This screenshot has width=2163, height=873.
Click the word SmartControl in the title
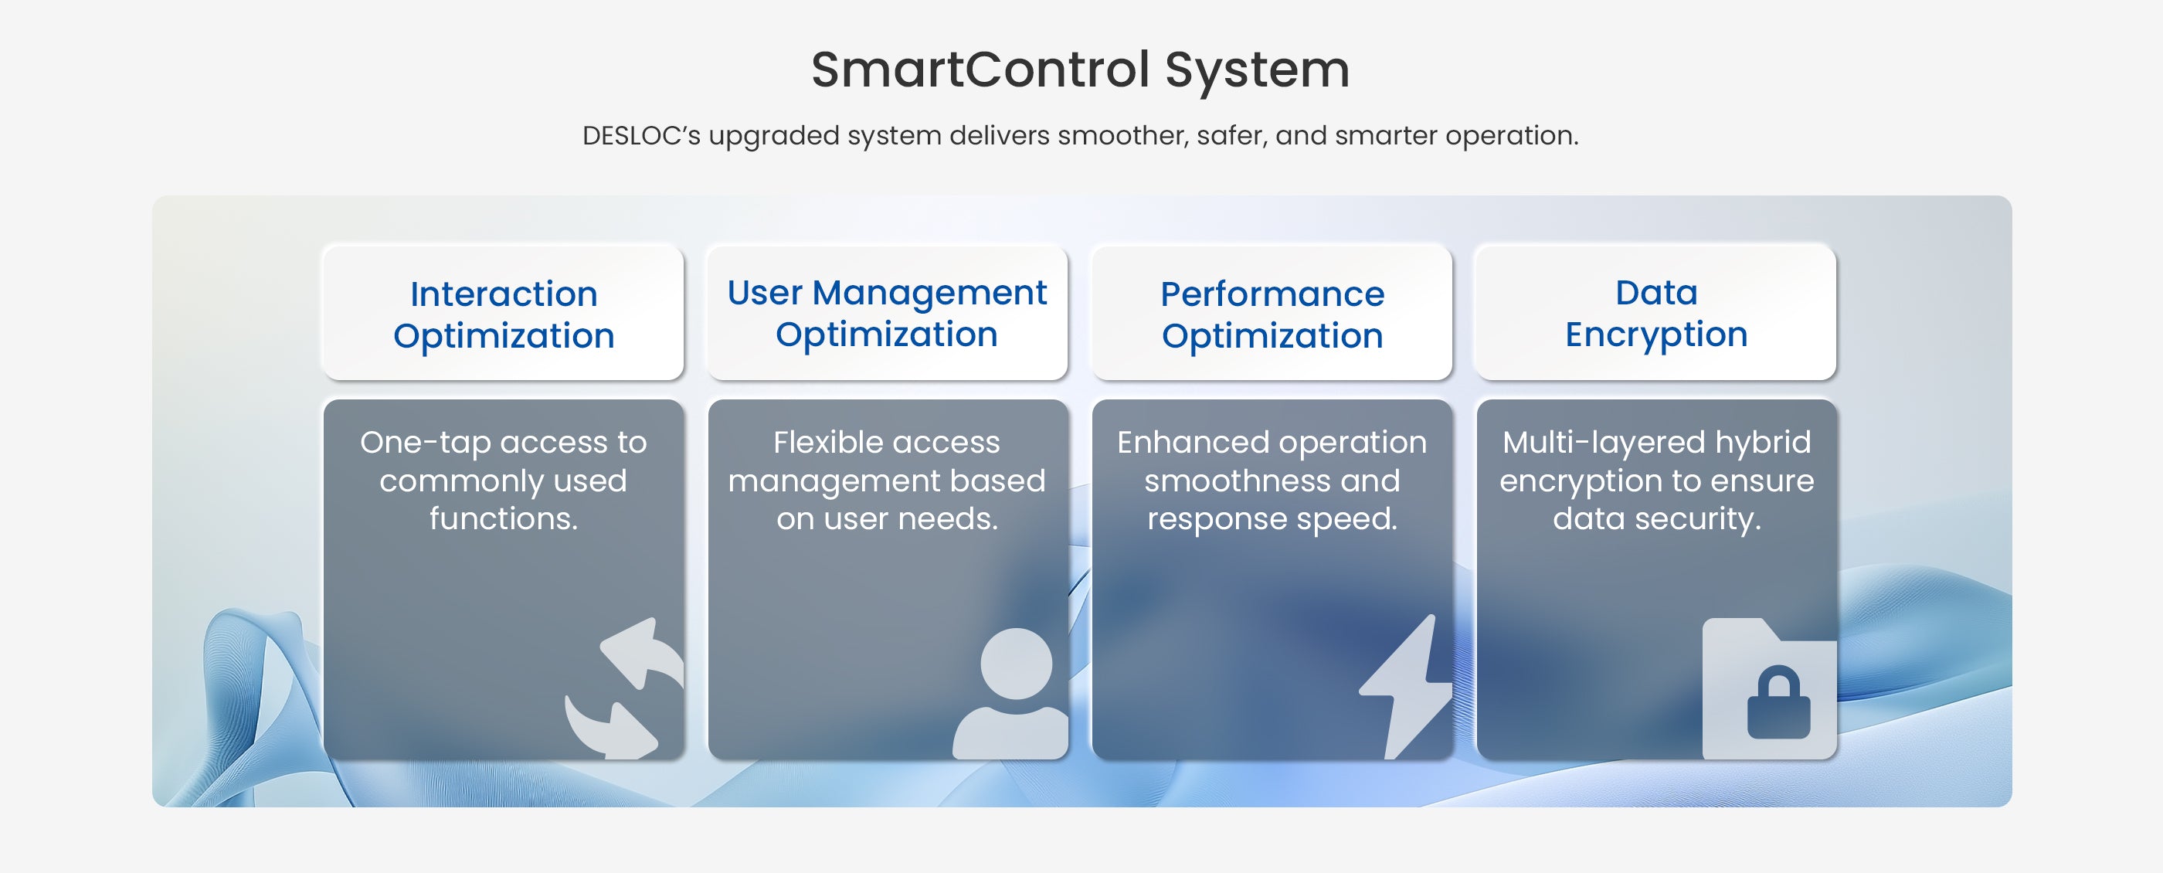point(980,69)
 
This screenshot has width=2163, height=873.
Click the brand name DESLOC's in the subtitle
point(641,135)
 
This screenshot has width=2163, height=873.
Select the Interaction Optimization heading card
point(503,312)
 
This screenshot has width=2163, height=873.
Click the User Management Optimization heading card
point(888,312)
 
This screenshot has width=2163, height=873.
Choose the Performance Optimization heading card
point(1272,312)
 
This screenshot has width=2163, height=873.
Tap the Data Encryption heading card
point(1655,312)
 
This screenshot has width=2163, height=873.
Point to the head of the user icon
point(1016,663)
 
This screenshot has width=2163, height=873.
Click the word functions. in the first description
point(504,518)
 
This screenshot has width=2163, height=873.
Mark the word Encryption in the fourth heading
point(1655,336)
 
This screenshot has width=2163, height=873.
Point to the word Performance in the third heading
point(1272,294)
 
